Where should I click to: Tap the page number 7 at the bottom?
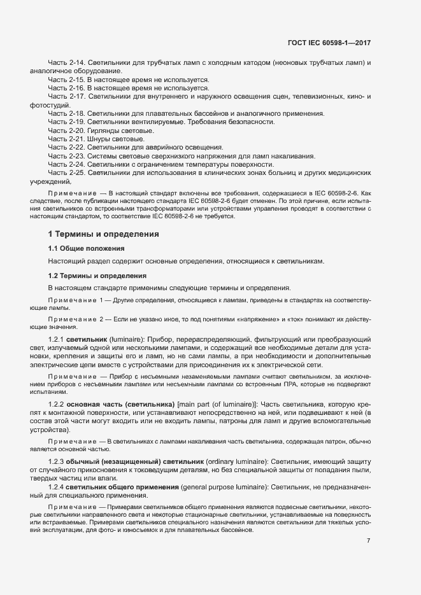coord(368,523)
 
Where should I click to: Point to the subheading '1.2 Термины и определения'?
coord(97,276)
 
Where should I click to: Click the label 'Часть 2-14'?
coord(66,64)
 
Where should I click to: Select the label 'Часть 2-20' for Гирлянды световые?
coord(66,130)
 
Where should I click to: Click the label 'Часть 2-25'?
coord(66,172)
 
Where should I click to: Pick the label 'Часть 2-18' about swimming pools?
coord(66,113)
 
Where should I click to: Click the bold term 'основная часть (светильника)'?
coord(121,405)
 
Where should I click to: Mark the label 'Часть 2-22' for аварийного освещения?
coord(66,147)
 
